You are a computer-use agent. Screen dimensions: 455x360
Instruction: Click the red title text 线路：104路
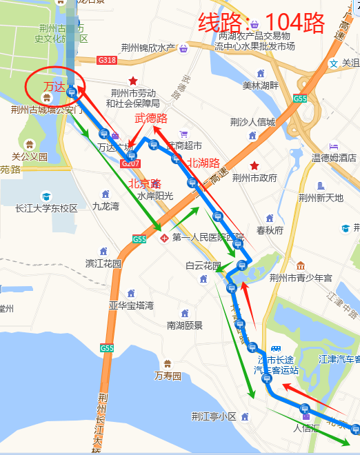(261, 23)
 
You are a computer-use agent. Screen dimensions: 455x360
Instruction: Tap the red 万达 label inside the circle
(53, 86)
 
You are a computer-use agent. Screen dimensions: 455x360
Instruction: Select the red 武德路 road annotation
(151, 119)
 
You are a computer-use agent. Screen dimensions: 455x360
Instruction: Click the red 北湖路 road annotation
(203, 163)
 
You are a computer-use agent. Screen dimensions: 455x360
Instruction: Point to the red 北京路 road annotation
(145, 183)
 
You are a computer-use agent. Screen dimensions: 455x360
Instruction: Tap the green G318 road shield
(107, 61)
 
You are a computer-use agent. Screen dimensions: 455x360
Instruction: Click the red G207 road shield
(130, 163)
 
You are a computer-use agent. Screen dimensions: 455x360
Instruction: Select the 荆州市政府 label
(254, 178)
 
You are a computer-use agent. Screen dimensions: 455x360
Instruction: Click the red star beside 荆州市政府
(254, 165)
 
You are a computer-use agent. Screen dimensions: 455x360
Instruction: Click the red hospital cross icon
(164, 239)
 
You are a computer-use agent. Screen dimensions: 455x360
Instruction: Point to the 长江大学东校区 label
(47, 208)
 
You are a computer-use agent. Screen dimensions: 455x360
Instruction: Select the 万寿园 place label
(168, 376)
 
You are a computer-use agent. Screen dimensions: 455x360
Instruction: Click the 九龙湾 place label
(106, 205)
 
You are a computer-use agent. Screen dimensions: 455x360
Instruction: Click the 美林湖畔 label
(260, 85)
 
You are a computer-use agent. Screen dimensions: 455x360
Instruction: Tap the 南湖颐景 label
(185, 325)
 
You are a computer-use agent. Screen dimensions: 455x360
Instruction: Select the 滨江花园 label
(103, 263)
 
